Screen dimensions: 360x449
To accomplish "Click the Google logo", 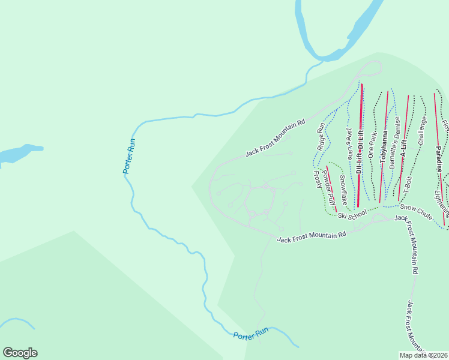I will (20, 353).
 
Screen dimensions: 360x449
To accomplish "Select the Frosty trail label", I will (318, 179).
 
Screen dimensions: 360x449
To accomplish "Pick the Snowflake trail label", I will (342, 188).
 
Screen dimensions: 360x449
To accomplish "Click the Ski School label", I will (352, 215).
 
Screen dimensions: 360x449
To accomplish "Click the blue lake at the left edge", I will (18, 154).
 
